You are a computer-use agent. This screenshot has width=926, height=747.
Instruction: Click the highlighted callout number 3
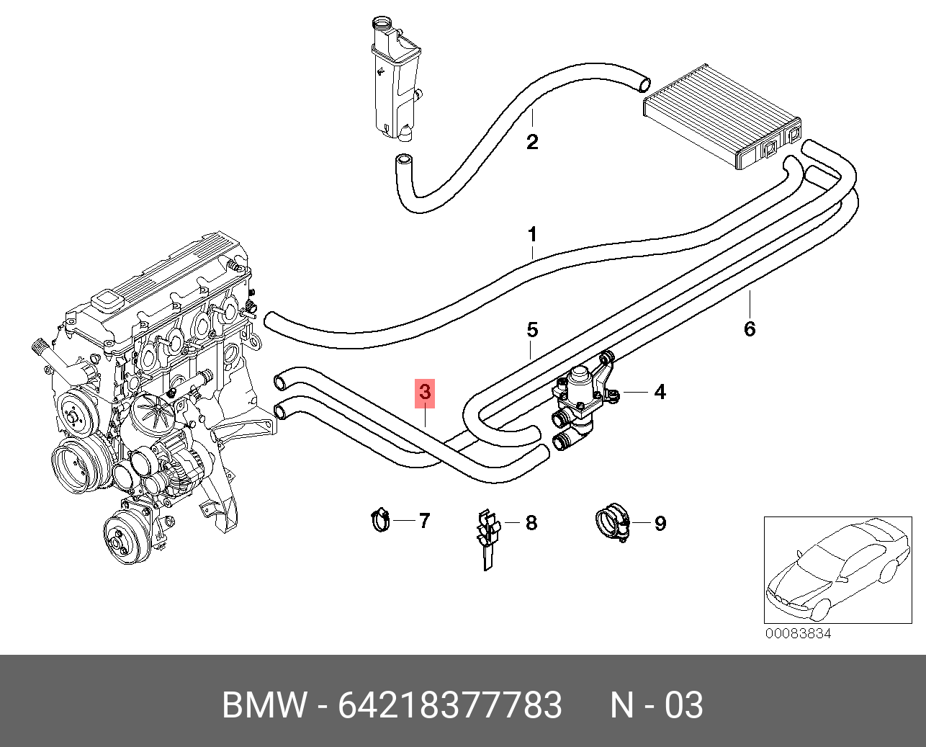[x=425, y=393]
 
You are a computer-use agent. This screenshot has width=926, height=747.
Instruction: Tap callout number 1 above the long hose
[x=532, y=235]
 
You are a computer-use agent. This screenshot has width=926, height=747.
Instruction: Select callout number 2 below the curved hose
[x=532, y=142]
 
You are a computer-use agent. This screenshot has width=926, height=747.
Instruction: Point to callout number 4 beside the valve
[x=660, y=392]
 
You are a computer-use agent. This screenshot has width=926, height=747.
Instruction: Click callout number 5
[x=532, y=330]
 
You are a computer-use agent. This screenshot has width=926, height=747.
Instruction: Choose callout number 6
[x=749, y=329]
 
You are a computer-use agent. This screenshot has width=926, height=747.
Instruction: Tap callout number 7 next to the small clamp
[x=424, y=521]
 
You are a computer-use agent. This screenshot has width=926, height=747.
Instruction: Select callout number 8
[x=531, y=523]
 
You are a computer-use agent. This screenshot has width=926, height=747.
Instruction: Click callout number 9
[x=660, y=524]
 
